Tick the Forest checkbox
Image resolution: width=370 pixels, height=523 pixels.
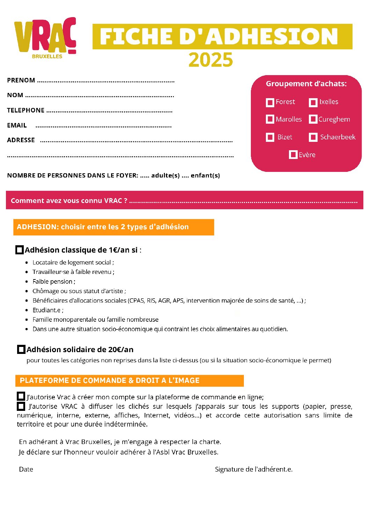point(270,102)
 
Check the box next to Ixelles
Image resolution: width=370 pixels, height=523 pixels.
point(313,102)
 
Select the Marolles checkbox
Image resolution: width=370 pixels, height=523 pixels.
point(270,119)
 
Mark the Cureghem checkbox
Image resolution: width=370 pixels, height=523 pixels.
point(313,119)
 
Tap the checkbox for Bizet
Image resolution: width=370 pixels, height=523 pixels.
point(270,137)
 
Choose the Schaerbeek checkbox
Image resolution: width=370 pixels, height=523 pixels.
point(313,137)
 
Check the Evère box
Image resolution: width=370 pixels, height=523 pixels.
point(293,155)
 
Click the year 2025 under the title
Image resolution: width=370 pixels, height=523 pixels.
point(211,60)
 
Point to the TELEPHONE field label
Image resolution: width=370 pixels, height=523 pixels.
point(26,110)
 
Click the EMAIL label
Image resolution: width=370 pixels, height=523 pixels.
point(17,125)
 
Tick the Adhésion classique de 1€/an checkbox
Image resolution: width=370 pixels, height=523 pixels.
point(20,250)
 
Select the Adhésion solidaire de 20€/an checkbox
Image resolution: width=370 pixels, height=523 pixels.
point(21,349)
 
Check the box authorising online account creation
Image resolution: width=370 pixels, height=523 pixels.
point(21,397)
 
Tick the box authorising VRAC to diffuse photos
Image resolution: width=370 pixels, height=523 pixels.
point(21,406)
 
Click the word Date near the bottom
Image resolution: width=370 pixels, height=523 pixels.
point(26,470)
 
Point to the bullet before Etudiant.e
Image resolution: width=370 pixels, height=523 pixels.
point(27,310)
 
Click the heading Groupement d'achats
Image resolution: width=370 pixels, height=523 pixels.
point(306,84)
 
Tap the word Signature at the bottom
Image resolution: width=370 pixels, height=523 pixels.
point(229,470)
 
